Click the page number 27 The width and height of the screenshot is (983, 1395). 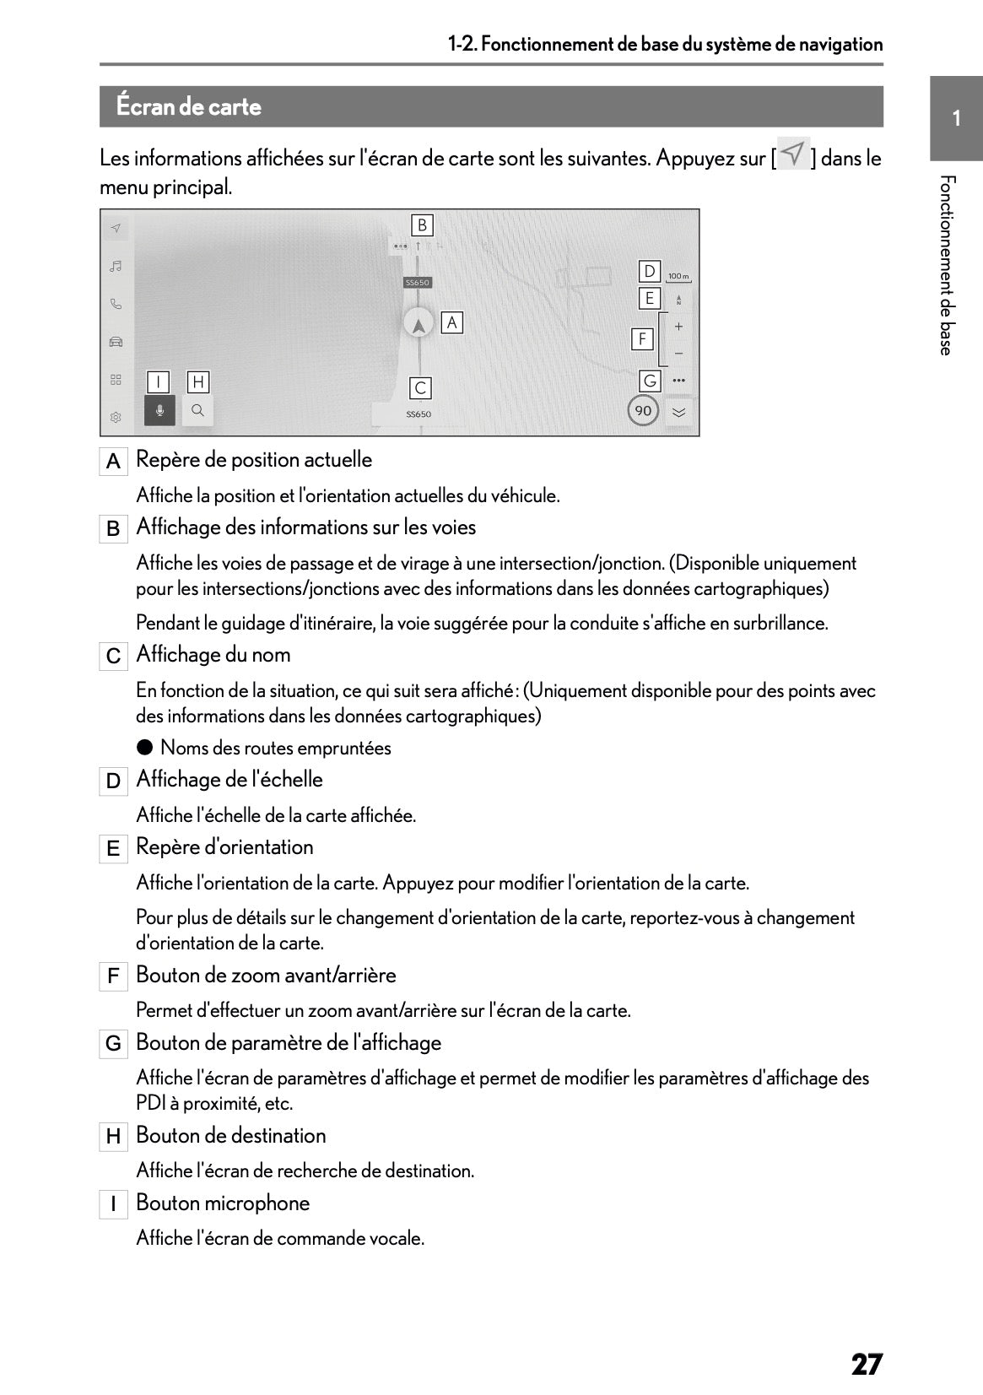[x=866, y=1365]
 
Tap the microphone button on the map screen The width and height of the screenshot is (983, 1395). [x=159, y=410]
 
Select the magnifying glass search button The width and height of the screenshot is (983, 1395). [x=197, y=410]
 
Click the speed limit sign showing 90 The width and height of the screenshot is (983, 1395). [x=643, y=410]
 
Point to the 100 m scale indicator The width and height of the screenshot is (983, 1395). [x=678, y=277]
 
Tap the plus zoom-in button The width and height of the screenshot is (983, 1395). [x=678, y=327]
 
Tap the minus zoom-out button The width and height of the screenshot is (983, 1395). [x=678, y=354]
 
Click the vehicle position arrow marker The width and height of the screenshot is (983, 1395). [x=418, y=323]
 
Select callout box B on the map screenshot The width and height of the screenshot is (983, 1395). [x=422, y=225]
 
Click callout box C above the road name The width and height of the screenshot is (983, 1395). [x=420, y=388]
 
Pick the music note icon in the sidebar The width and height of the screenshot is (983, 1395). [x=116, y=266]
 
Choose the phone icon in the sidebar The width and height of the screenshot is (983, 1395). [x=116, y=304]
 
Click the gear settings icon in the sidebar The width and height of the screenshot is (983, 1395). [x=116, y=417]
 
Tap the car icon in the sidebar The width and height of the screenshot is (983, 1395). [x=116, y=342]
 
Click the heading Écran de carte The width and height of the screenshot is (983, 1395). [x=189, y=107]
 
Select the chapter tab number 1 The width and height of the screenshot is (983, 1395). [x=956, y=118]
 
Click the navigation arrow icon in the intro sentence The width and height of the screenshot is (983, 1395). [x=793, y=154]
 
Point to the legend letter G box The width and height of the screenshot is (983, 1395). [x=113, y=1044]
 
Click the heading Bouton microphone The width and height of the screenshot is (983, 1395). [x=223, y=1203]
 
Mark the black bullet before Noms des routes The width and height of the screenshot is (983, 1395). [x=145, y=747]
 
